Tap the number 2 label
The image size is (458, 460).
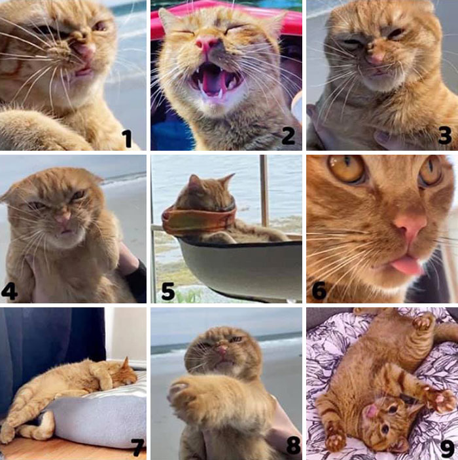point(288,136)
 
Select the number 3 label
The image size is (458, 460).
point(444,136)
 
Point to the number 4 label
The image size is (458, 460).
point(9,292)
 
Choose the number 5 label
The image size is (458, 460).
point(168,292)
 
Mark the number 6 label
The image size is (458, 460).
point(319,292)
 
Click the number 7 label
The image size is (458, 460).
point(138,446)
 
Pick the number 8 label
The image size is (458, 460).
point(293,446)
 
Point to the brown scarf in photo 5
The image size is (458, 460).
point(199,221)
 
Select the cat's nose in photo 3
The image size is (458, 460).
point(376,59)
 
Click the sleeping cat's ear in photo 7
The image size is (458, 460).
point(126,364)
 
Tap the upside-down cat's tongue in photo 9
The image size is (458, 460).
point(371,411)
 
